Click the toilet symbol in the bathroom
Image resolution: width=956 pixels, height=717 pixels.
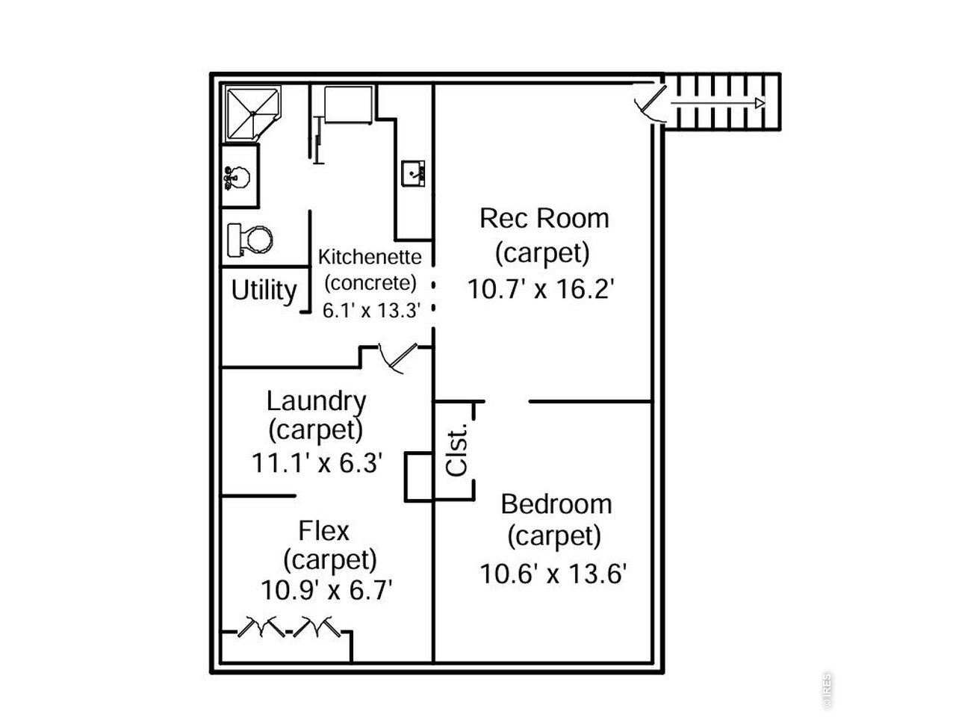pos(250,240)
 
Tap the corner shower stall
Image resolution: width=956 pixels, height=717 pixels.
pos(252,114)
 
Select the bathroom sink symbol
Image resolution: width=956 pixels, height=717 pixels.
pos(237,178)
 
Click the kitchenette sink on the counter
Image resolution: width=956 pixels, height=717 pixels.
pos(413,174)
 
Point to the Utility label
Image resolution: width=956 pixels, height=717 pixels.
pos(264,291)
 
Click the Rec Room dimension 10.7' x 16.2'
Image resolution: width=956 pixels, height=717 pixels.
pos(541,288)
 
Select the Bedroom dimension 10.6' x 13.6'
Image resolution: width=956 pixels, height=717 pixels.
pos(553,574)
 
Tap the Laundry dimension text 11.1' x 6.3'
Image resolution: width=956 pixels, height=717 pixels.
pos(317,462)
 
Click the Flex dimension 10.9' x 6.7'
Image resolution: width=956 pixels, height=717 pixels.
pos(326,591)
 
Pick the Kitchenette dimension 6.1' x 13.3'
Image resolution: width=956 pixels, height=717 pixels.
pos(371,311)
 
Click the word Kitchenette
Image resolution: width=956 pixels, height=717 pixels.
pos(370,257)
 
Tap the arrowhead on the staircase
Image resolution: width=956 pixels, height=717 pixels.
pos(760,103)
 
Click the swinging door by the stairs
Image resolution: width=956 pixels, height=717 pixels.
pos(651,105)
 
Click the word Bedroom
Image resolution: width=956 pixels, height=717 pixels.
pos(556,504)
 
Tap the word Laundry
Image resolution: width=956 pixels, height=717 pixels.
pos(316,401)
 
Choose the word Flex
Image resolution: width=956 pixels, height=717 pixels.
pos(323,531)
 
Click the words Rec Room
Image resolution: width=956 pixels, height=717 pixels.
pos(544,218)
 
